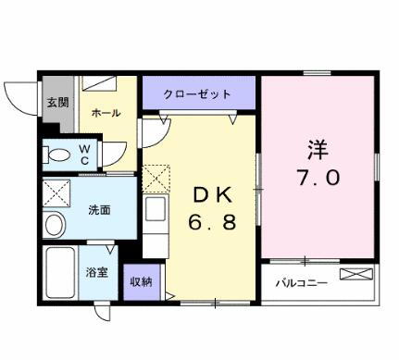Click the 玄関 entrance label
pos(56,103)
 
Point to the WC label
pos(82,153)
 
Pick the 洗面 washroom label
pos(99,209)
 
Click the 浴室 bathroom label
pos(97,274)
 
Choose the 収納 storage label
pos(140,280)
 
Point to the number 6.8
pos(206,226)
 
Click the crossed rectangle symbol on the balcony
pos(357,274)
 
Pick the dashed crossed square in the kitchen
pos(154,179)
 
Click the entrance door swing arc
pos(20,93)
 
